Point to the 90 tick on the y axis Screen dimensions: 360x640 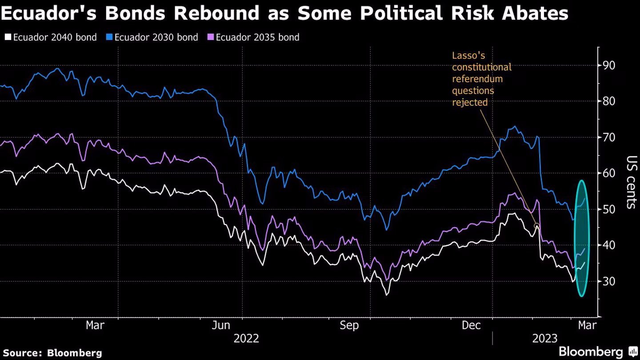click(609, 65)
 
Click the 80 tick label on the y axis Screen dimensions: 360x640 click(609, 101)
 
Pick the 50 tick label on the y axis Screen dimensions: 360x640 click(609, 209)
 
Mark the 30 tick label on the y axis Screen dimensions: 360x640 click(609, 281)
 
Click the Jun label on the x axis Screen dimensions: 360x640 click(221, 325)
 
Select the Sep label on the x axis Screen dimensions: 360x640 click(349, 325)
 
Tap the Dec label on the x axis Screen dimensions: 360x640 click(471, 325)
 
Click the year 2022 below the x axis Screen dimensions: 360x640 click(246, 339)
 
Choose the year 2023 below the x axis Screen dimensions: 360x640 click(545, 339)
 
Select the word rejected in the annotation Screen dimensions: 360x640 click(470, 102)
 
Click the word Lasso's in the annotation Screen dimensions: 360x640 click(468, 56)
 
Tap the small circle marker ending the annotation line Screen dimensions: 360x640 click(536, 226)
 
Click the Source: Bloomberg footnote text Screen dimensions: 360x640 click(52, 353)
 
